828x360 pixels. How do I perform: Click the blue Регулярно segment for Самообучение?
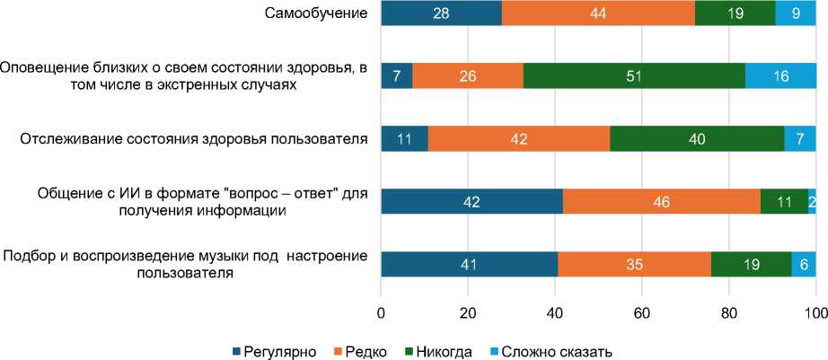441,13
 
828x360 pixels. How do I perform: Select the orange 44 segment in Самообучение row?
597,13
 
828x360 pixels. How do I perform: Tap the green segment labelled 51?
634,76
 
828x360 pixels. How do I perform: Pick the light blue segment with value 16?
780,76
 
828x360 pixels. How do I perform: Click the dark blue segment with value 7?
397,76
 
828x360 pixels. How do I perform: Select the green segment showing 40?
697,139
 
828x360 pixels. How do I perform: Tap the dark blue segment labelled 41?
470,266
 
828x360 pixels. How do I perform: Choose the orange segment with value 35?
634,266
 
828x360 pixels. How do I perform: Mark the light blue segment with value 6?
803,266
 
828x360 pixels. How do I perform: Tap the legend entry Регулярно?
274,351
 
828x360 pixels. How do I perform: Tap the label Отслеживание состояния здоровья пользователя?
194,139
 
